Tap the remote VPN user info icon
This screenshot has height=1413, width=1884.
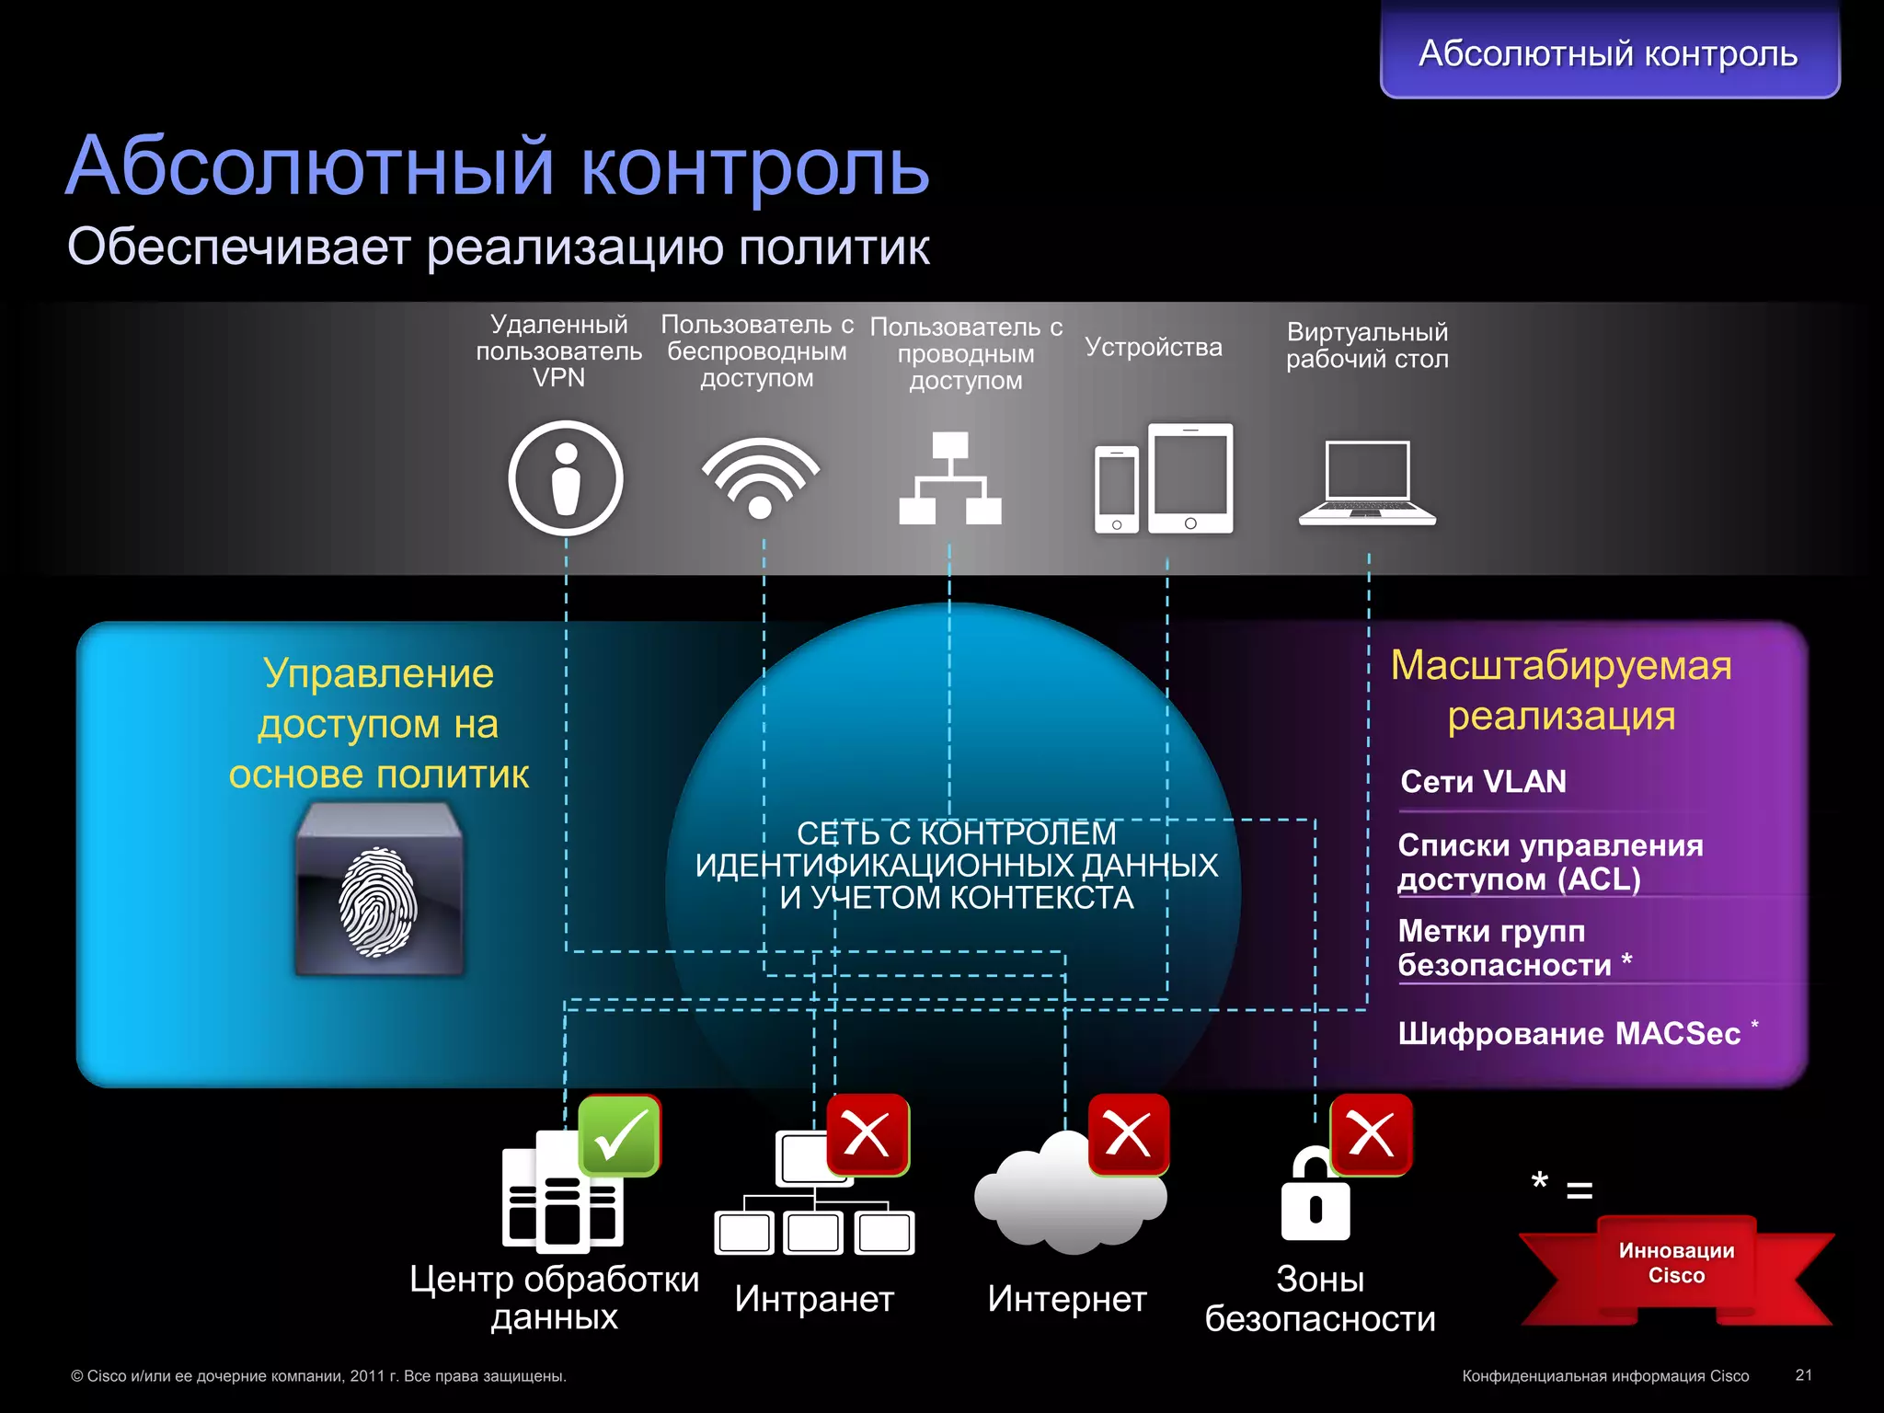coord(566,478)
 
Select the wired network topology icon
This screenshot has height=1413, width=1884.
coord(950,478)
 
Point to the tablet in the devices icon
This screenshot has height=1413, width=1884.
coord(1190,477)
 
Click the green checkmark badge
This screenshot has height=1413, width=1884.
coord(619,1135)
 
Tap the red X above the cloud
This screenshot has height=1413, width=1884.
coord(1129,1134)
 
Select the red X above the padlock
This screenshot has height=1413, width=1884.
coord(1371,1134)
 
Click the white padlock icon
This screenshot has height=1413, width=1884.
coord(1315,1196)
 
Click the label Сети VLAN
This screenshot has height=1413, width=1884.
coord(1483,782)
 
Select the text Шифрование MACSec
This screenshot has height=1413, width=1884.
coord(1568,1034)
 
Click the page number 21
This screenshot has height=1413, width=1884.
coord(1803,1375)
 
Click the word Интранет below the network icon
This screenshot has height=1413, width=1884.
coord(814,1299)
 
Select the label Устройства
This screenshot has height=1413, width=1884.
coord(1154,347)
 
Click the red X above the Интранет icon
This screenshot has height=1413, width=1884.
coord(867,1134)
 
